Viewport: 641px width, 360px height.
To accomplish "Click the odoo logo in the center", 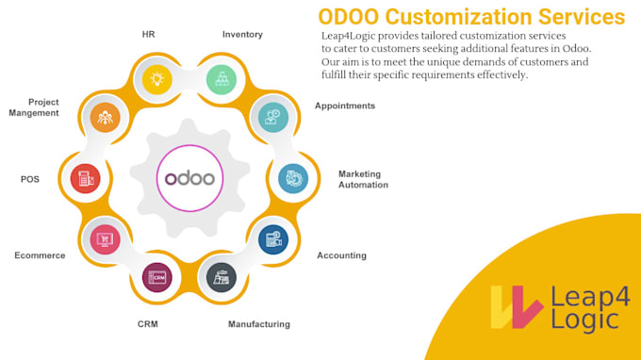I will coord(189,178).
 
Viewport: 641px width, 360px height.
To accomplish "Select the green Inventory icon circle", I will coord(223,78).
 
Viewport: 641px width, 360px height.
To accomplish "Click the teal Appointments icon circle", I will coord(273,117).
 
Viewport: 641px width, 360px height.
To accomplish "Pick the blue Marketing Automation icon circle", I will coord(293,178).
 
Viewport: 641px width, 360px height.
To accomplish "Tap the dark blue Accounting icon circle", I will coord(273,239).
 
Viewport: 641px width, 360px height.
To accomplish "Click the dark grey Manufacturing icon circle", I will coord(222,277).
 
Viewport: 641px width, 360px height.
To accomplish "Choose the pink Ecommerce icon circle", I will coord(104,239).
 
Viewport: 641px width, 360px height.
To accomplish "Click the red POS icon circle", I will coord(85,178).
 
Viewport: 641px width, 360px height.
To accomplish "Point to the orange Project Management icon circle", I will coord(105,117).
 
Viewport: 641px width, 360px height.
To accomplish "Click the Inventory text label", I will coord(242,35).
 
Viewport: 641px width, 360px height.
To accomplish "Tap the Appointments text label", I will coord(345,106).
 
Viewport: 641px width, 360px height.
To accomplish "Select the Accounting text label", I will coord(341,255).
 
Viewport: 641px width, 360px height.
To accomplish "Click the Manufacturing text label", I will coord(259,324).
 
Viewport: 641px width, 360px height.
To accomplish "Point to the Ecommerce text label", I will coord(40,255).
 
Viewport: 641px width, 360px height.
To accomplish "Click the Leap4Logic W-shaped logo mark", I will coord(516,305).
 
